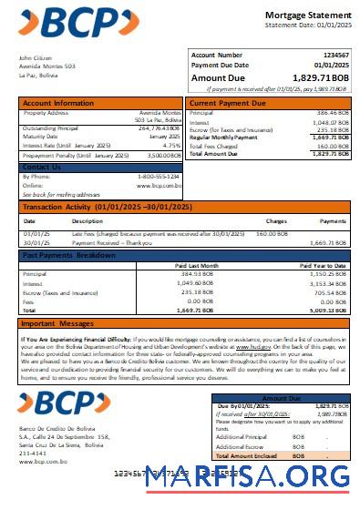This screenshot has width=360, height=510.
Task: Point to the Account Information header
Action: pos(58,103)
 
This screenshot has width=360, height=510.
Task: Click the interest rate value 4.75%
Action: pos(171,145)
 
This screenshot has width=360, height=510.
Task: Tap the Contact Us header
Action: pos(42,167)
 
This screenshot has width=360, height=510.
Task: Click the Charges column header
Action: pos(276,221)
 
